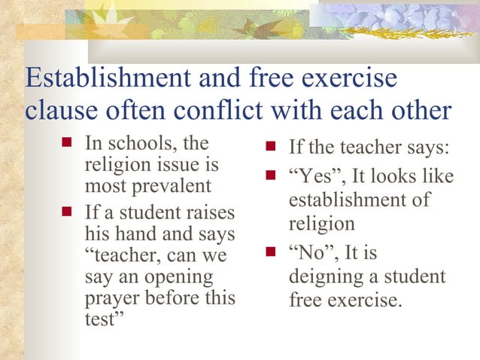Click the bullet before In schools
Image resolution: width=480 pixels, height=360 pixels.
tap(65, 142)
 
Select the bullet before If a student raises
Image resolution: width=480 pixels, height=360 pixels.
tap(65, 214)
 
